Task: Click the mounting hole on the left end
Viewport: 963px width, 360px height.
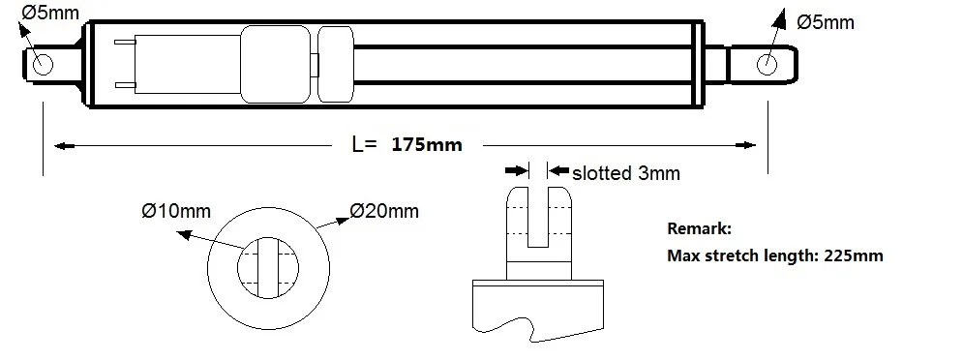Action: click(x=43, y=64)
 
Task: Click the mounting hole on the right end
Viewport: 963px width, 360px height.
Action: click(x=767, y=64)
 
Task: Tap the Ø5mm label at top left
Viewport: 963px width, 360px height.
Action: click(x=51, y=13)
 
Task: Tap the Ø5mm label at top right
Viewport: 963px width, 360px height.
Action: click(x=826, y=22)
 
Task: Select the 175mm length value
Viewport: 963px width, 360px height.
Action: click(x=427, y=145)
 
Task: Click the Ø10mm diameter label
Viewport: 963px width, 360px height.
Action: click(x=175, y=211)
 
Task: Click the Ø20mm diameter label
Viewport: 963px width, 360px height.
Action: click(x=384, y=211)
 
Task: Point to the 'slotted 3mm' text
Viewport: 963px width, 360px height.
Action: click(x=626, y=173)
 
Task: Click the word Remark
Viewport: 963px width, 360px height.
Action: click(x=700, y=229)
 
